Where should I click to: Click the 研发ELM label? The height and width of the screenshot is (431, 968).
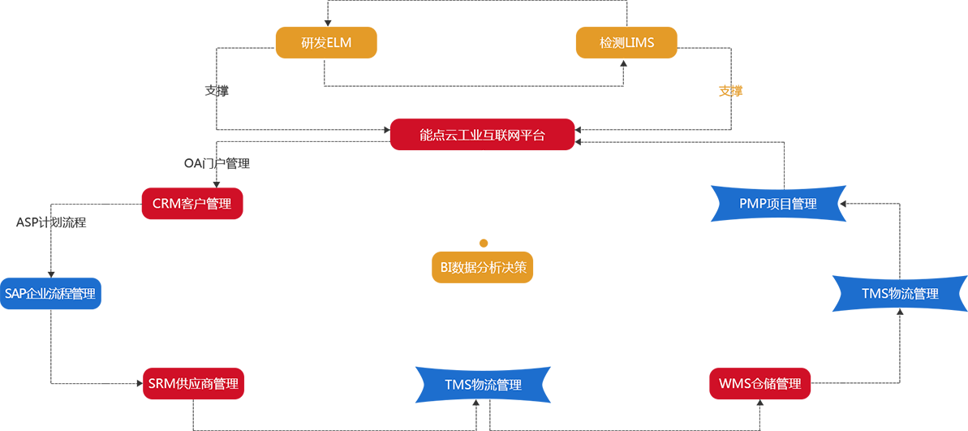click(326, 42)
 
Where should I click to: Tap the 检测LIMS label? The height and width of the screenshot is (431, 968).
click(626, 42)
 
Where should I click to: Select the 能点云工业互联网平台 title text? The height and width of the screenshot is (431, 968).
click(482, 136)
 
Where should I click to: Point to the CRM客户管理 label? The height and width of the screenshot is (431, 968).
click(191, 204)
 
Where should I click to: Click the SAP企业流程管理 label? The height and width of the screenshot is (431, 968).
click(50, 294)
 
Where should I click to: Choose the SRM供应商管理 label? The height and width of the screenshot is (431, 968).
click(193, 384)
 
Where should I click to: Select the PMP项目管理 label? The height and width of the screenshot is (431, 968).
click(777, 204)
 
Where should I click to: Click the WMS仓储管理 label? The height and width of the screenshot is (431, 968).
click(759, 384)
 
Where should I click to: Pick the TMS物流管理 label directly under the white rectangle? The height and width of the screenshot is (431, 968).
click(483, 385)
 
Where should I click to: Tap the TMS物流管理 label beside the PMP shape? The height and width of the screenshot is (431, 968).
click(900, 294)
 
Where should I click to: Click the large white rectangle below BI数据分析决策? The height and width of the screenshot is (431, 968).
click(448, 325)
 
